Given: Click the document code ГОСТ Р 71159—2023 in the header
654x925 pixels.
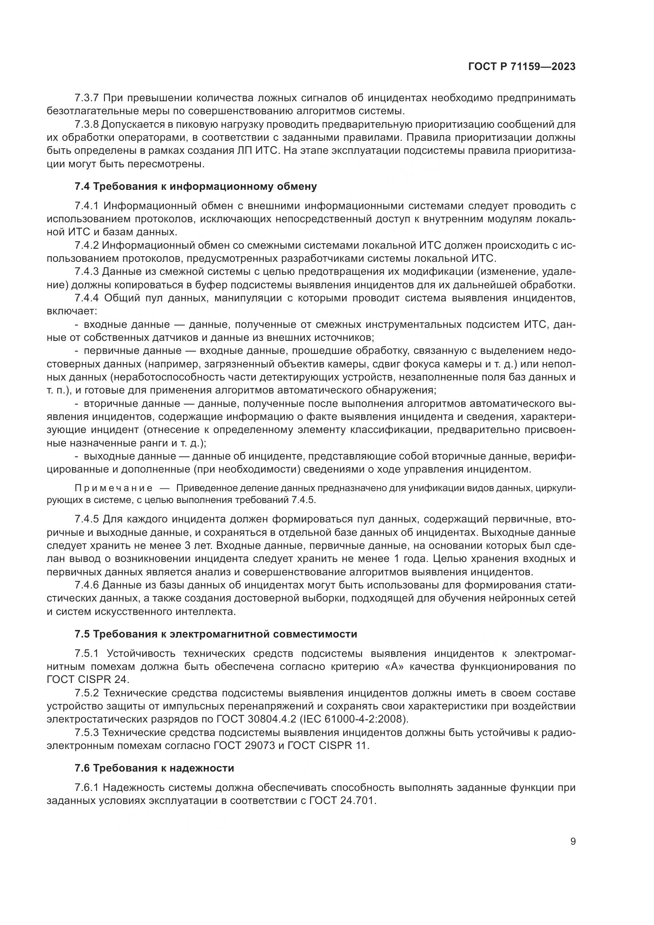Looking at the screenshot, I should (522, 67).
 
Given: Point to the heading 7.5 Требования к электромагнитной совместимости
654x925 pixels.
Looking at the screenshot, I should (216, 634).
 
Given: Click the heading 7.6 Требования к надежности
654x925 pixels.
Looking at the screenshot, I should (154, 768).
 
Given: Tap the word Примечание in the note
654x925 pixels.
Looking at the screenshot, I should (114, 489).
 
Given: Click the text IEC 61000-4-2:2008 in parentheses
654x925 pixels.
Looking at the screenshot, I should (354, 719).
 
